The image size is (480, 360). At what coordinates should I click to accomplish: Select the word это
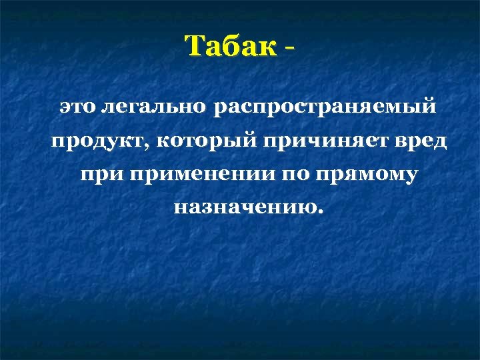coord(76,107)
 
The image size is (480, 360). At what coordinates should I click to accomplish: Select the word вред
coord(404,141)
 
